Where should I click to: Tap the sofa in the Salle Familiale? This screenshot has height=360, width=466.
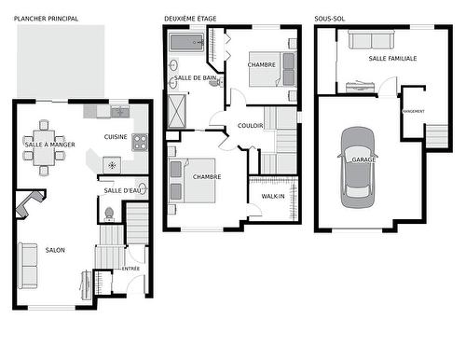tap(370, 39)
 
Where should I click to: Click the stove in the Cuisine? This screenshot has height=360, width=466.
tap(140, 143)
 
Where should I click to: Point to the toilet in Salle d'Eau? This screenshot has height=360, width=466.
tap(109, 212)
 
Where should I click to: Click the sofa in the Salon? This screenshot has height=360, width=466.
tap(28, 265)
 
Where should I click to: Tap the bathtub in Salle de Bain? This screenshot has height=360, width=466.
tap(185, 42)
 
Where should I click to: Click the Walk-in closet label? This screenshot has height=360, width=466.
tap(273, 196)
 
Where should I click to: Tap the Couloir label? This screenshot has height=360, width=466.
tap(251, 124)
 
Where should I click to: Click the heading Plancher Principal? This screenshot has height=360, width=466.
tap(46, 18)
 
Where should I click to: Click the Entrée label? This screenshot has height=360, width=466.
tap(130, 269)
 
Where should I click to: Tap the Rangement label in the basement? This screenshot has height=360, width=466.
tap(414, 112)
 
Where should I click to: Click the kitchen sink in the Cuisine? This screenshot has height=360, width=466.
tap(119, 112)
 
